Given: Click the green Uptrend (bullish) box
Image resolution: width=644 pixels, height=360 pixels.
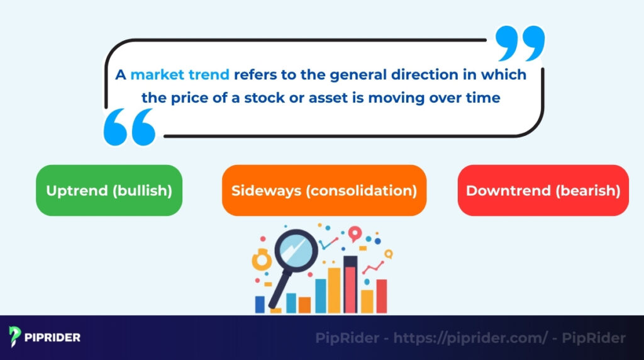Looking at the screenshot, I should pos(109,190).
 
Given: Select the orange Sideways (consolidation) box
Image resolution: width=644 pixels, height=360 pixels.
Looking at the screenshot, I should pos(324,190).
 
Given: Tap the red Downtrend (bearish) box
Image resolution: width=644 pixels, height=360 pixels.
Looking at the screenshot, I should pos(543,190).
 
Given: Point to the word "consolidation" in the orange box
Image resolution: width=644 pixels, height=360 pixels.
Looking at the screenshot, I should pos(361,191).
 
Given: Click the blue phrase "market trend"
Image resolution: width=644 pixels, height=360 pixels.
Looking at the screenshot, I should pos(180,74).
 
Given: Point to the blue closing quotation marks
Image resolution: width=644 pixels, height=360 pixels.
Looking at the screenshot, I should pos(519,44).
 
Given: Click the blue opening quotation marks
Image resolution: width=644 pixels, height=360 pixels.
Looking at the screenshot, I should pos(129,126).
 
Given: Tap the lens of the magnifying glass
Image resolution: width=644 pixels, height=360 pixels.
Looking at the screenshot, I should pos(295,250).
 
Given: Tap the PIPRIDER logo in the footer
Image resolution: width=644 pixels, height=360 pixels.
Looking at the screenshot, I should pos(45,337).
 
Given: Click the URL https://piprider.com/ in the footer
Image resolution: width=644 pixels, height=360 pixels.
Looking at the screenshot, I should pos(471,338).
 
